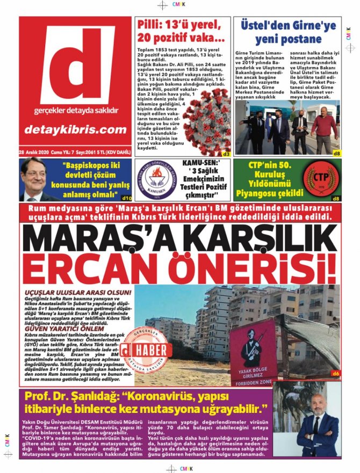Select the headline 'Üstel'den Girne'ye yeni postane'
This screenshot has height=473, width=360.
point(288,32)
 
